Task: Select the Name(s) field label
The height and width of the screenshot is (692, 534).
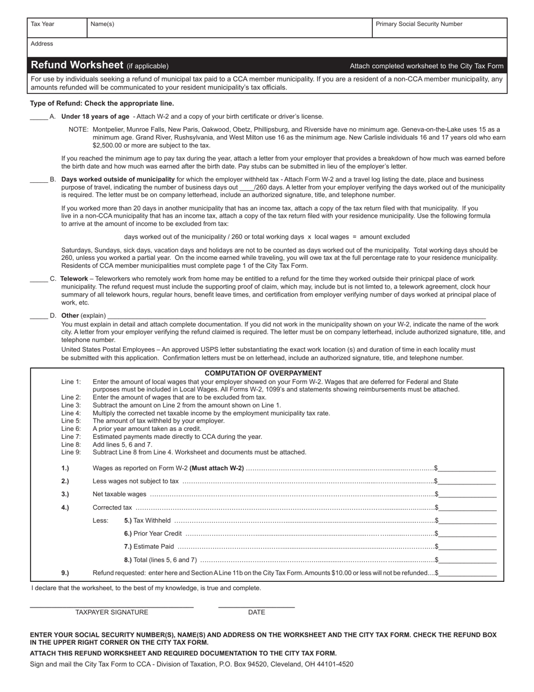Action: (102, 24)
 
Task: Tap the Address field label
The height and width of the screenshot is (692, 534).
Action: (42, 44)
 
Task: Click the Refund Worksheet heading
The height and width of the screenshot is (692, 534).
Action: (77, 65)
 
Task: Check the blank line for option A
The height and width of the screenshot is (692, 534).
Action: (39, 117)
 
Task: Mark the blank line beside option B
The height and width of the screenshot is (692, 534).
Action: (39, 180)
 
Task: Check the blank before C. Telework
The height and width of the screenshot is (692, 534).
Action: (39, 279)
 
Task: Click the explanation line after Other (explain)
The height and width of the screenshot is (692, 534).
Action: (296, 316)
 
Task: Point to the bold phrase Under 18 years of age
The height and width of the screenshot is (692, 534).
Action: (95, 117)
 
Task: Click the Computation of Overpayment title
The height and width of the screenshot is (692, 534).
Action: (263, 374)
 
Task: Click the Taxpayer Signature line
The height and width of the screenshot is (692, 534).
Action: (111, 605)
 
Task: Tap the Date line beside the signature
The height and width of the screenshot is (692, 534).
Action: (256, 605)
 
